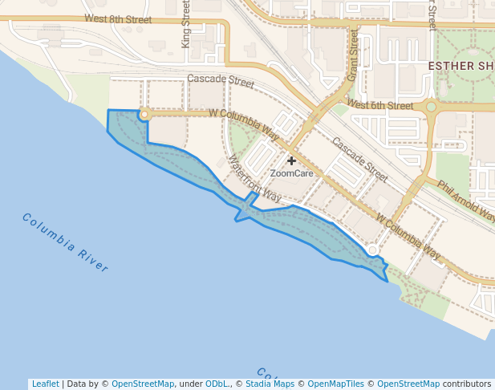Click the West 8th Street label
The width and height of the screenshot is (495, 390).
(117, 18)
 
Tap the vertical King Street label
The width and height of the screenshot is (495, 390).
(186, 24)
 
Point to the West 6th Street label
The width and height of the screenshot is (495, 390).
(381, 105)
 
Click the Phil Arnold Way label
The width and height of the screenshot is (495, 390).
(466, 199)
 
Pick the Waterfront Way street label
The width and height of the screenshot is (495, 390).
(254, 178)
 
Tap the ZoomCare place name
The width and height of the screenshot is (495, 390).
(291, 173)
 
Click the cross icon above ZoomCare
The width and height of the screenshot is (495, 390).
(291, 160)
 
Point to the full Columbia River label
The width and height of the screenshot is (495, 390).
(65, 242)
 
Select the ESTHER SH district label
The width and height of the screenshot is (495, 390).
(461, 65)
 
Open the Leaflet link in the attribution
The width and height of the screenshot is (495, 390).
(45, 384)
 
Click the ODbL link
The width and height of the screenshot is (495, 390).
(217, 384)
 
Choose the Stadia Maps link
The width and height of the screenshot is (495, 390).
(270, 384)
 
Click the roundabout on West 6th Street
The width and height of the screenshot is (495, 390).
(431, 106)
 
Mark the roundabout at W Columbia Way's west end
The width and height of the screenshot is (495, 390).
(144, 115)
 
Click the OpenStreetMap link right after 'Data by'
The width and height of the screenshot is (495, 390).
(143, 384)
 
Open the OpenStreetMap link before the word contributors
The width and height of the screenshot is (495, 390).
(408, 384)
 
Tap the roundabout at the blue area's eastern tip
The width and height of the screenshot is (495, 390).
(373, 251)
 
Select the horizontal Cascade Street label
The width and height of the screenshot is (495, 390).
(220, 80)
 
